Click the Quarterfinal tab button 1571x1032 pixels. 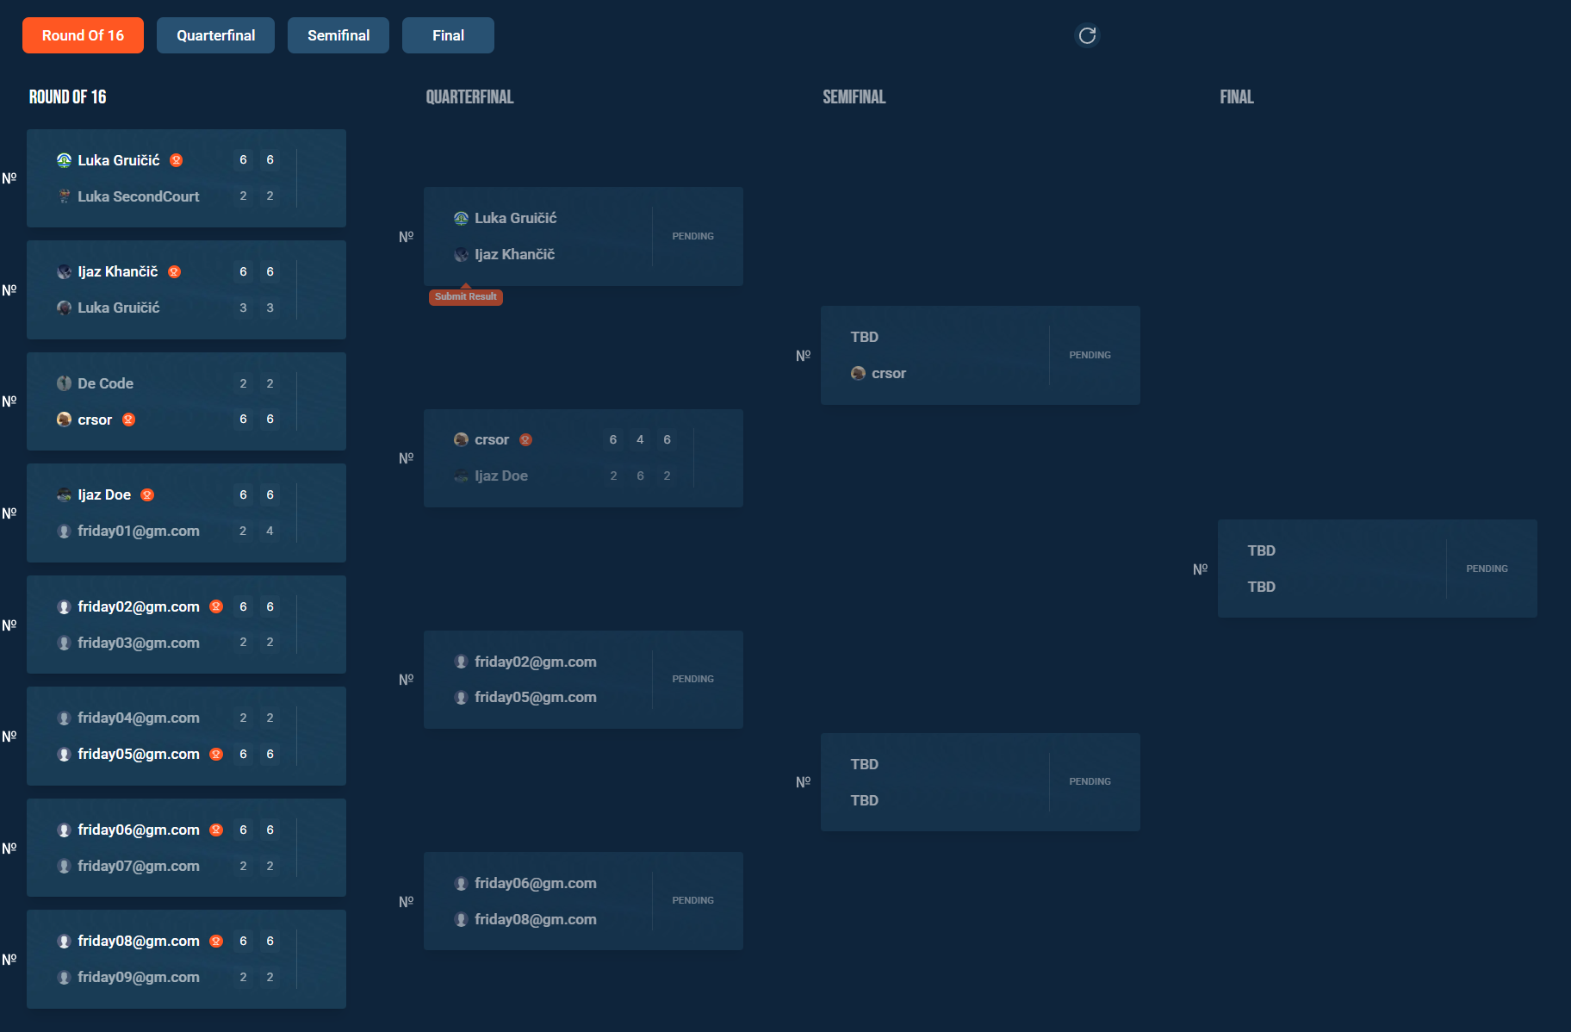(215, 35)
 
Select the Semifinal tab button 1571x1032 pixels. (338, 35)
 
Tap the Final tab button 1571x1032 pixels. (448, 35)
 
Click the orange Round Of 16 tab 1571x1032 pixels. (83, 35)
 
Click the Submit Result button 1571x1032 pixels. (466, 296)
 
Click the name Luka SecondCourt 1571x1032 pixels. (138, 196)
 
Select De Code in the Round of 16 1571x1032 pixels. (105, 383)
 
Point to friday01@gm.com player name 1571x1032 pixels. (138, 531)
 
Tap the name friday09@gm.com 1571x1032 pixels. (138, 977)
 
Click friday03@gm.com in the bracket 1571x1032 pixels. (138, 643)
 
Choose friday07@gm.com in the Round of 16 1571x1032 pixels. (138, 866)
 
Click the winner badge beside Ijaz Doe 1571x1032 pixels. (147, 494)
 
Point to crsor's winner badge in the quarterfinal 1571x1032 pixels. (525, 439)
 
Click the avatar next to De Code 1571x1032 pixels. (64, 383)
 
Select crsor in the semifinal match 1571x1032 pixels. (888, 373)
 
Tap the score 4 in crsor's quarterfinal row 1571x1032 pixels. (640, 439)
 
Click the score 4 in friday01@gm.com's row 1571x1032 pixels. (270, 531)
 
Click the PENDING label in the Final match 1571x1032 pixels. (1487, 569)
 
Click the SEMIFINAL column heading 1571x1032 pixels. (854, 96)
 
